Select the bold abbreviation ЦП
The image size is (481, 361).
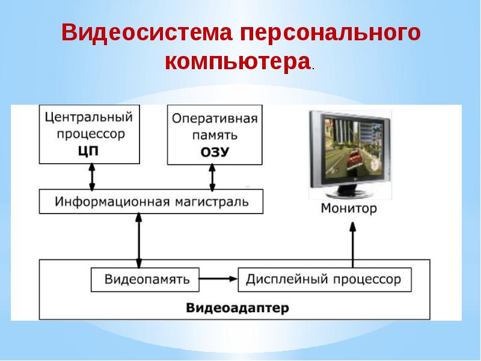click(x=88, y=150)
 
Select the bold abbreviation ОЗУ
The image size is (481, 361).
click(x=215, y=152)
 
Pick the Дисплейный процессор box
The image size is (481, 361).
click(x=324, y=280)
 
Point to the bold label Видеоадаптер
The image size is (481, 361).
click(x=237, y=308)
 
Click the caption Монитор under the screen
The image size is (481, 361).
click(x=349, y=209)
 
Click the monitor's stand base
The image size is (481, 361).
click(x=349, y=194)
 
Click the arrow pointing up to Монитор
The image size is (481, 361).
click(x=353, y=244)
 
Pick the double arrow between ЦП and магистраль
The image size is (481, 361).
click(x=91, y=177)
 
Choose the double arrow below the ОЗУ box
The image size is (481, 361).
click(x=212, y=177)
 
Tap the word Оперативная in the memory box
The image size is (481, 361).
click(x=215, y=118)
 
